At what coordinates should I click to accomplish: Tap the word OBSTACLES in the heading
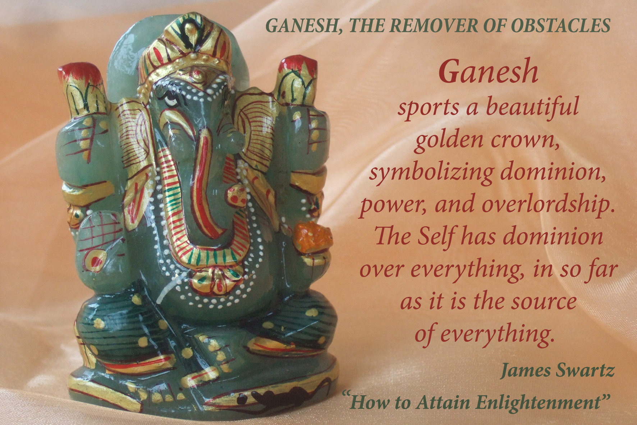point(561,26)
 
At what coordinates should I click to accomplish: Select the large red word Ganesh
point(488,72)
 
